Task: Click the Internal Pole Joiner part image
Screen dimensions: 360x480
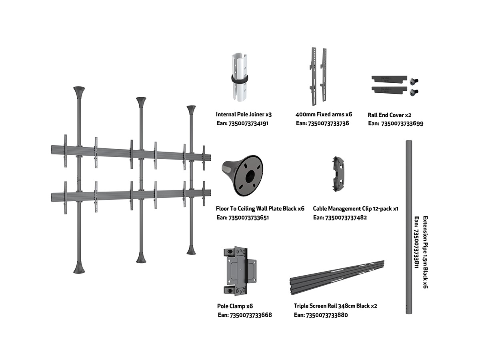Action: click(x=239, y=76)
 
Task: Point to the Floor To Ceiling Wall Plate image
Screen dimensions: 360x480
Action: click(x=242, y=176)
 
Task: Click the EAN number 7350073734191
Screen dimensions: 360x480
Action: click(x=248, y=123)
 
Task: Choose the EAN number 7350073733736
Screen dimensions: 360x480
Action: click(x=328, y=123)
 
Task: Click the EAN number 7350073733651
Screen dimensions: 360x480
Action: click(x=248, y=218)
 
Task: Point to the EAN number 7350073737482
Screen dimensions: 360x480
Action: click(x=345, y=218)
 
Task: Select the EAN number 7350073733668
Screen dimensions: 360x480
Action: click(x=251, y=315)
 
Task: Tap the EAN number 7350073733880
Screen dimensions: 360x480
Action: click(x=327, y=315)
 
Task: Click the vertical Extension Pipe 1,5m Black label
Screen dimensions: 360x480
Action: click(x=425, y=252)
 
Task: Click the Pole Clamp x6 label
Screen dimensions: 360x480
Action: click(x=235, y=306)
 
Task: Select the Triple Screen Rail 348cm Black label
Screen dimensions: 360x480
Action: click(x=335, y=306)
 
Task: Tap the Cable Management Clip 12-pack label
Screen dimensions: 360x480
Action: click(x=356, y=208)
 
